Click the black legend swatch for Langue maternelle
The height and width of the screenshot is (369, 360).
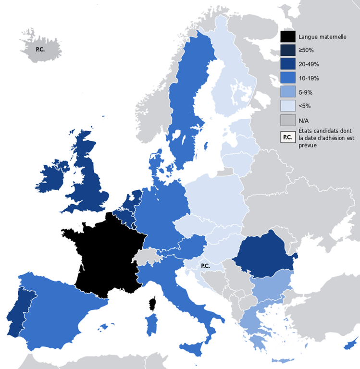click(x=287, y=37)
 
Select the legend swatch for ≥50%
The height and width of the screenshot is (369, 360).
click(x=287, y=50)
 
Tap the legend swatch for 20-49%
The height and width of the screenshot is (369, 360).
click(x=287, y=64)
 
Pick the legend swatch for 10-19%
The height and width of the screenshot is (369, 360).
click(x=287, y=78)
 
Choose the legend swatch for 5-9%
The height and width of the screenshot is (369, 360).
click(x=287, y=92)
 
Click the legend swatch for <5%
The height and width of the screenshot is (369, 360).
click(x=287, y=106)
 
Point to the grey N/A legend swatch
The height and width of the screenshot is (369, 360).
click(x=287, y=120)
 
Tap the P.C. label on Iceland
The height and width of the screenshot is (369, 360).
click(x=40, y=49)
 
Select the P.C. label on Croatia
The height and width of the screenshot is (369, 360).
click(x=205, y=266)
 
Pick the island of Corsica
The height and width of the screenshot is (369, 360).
click(x=153, y=304)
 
